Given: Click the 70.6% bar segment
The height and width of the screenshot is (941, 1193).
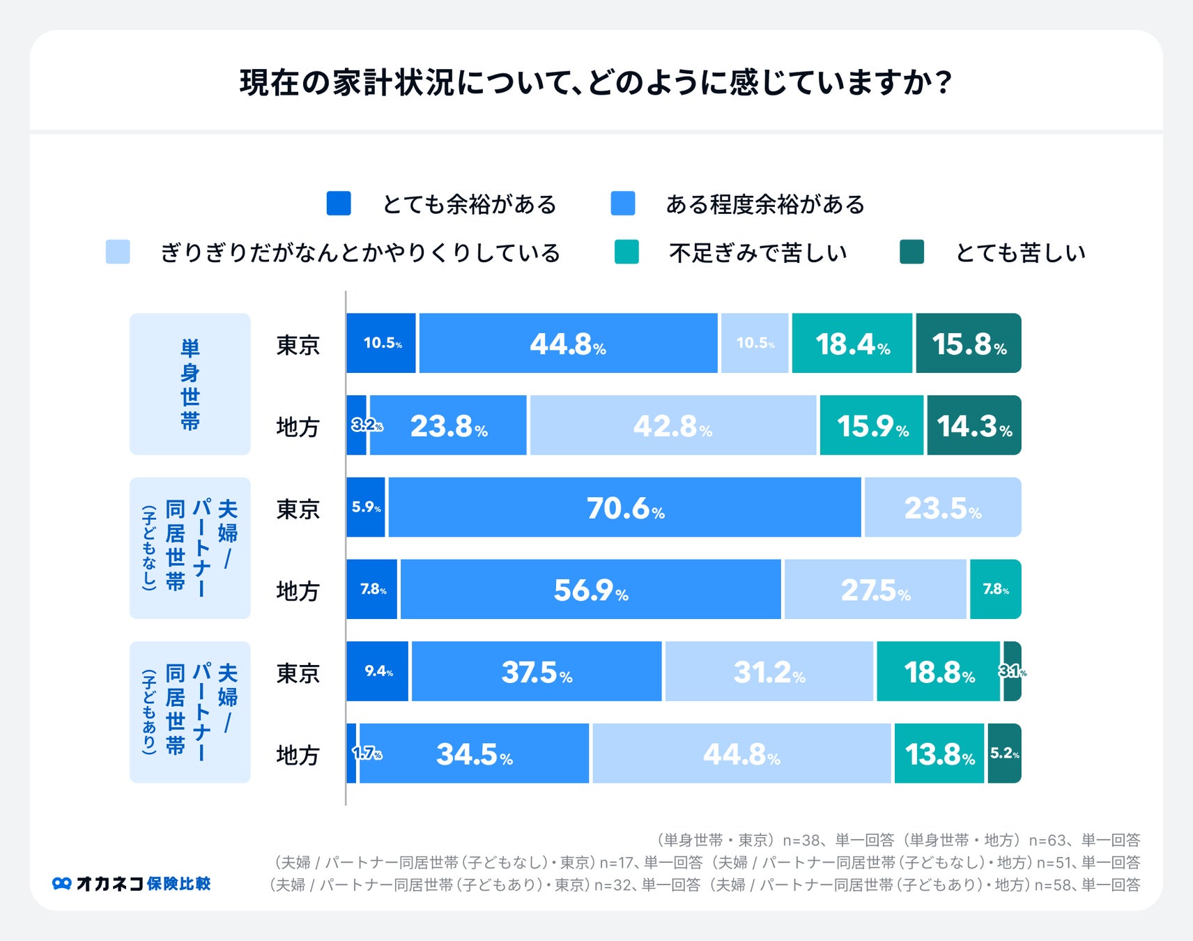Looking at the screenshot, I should pyautogui.click(x=624, y=507).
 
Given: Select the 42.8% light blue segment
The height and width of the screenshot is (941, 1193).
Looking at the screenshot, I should pyautogui.click(x=672, y=425).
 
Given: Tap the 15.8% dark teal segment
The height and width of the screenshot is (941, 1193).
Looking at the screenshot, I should pyautogui.click(x=968, y=343).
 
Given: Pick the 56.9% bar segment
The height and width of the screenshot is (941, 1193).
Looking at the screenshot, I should pyautogui.click(x=590, y=589).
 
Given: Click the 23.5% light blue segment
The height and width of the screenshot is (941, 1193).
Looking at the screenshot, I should pyautogui.click(x=942, y=507).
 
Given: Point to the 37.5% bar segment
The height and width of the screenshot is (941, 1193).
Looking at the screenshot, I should pyautogui.click(x=537, y=671).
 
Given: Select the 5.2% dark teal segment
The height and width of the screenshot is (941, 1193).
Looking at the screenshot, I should pyautogui.click(x=1004, y=753).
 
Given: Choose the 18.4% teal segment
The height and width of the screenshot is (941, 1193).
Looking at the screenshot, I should pyautogui.click(x=852, y=343).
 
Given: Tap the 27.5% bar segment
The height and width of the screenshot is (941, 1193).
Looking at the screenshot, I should pyautogui.click(x=875, y=589).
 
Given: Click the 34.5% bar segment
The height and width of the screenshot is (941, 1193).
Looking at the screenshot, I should pyautogui.click(x=474, y=753).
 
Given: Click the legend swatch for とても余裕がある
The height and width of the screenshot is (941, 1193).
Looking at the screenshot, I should pyautogui.click(x=339, y=204).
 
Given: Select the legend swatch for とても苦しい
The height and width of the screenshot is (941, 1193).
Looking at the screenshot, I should pyautogui.click(x=911, y=252).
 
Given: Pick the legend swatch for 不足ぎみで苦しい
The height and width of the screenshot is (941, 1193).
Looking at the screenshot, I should pyautogui.click(x=626, y=252).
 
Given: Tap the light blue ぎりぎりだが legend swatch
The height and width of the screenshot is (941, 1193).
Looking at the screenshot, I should pyautogui.click(x=118, y=252).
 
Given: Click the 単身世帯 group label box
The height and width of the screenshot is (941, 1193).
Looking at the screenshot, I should pyautogui.click(x=190, y=384).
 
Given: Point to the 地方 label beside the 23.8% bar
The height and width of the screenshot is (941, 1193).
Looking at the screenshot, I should pyautogui.click(x=298, y=426).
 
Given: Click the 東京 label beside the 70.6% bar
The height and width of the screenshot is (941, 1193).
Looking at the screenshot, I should pyautogui.click(x=298, y=508).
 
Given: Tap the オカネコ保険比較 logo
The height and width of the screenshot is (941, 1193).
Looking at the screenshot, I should pyautogui.click(x=132, y=883).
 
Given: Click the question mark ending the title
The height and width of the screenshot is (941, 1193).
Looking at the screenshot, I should pyautogui.click(x=944, y=82).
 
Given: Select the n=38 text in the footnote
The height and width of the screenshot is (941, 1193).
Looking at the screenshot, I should pyautogui.click(x=803, y=840).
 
